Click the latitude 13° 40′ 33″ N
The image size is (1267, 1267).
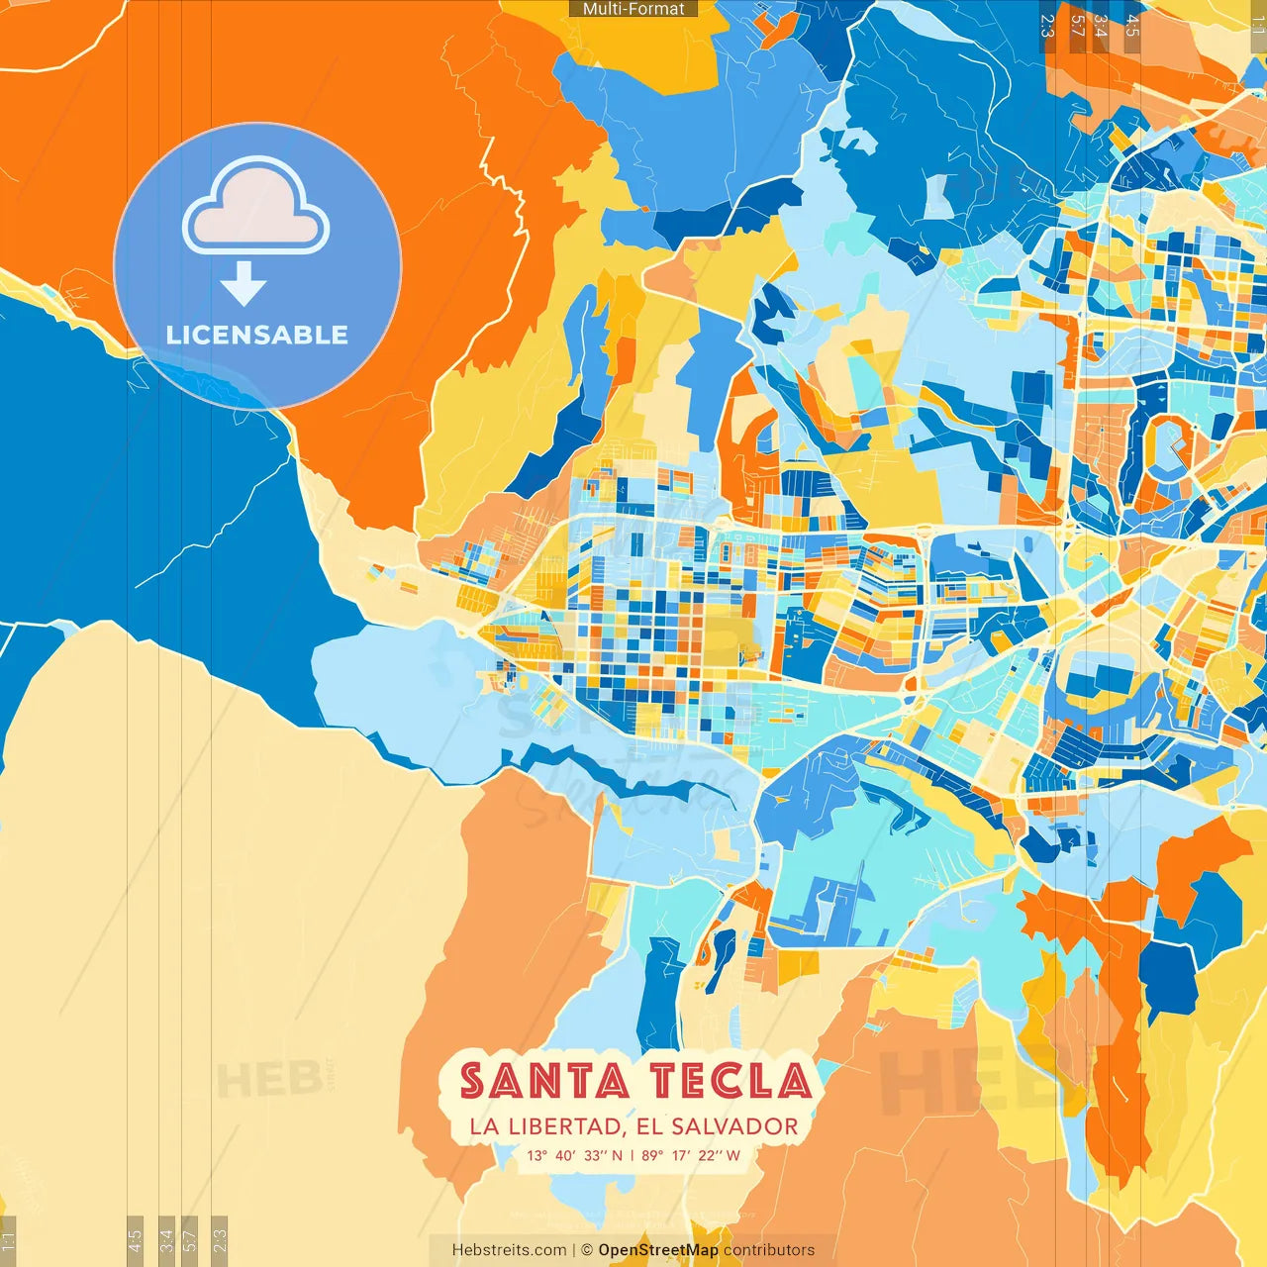tap(575, 1155)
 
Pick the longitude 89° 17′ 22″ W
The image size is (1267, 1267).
tap(691, 1155)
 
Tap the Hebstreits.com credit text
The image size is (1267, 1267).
tap(509, 1250)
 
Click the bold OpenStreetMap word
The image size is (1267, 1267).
tap(658, 1250)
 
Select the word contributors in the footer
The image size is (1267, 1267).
tap(769, 1250)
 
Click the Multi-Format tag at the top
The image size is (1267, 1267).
tap(633, 9)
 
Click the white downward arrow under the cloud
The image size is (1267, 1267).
tap(244, 284)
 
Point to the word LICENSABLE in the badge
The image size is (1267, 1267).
tap(257, 335)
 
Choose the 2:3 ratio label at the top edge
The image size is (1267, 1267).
tap(1047, 25)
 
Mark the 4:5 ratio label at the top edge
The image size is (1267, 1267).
tap(1133, 25)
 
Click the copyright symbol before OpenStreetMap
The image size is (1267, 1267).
tap(587, 1250)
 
